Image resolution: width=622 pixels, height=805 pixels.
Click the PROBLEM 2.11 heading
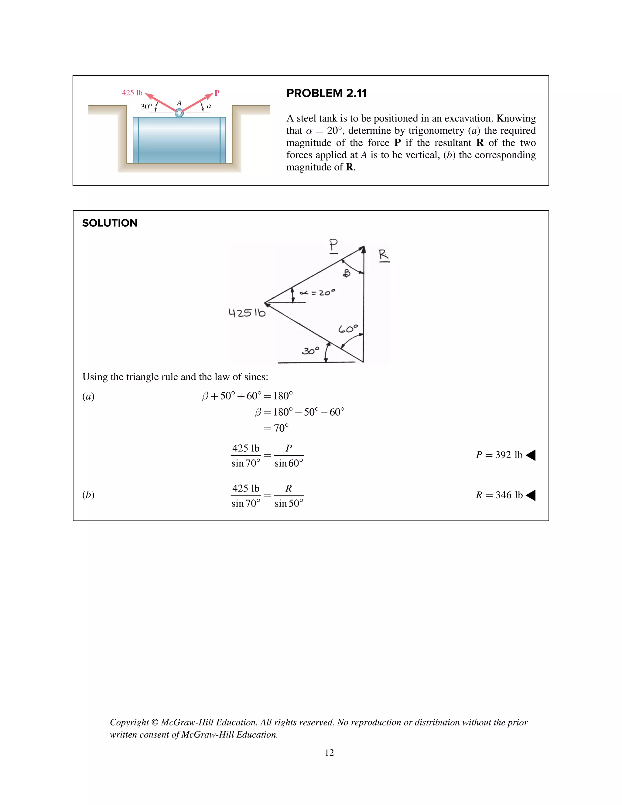(x=326, y=93)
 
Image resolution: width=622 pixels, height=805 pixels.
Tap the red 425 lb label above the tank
(x=132, y=93)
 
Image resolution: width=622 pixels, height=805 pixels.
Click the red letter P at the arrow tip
(x=217, y=93)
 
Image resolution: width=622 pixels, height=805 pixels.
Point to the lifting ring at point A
(x=179, y=113)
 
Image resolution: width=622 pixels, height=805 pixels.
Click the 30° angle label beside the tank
(x=146, y=107)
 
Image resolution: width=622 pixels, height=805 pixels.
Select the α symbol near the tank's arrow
(x=209, y=106)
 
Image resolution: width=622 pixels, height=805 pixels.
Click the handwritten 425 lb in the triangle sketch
(x=247, y=313)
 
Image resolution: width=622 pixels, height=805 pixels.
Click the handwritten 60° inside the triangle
(x=348, y=328)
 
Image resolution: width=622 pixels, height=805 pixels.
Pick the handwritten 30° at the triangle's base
(x=310, y=351)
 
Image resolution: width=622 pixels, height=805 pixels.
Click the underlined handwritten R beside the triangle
(x=384, y=255)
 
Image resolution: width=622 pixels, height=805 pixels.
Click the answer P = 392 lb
(x=499, y=455)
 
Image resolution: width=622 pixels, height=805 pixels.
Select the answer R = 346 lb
(x=499, y=495)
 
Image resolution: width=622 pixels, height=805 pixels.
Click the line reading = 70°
(x=276, y=428)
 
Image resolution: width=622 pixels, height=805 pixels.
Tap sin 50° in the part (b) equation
(x=289, y=503)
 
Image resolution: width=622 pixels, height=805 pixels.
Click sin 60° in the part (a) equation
(x=289, y=463)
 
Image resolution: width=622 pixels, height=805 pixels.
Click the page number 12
(x=329, y=753)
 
